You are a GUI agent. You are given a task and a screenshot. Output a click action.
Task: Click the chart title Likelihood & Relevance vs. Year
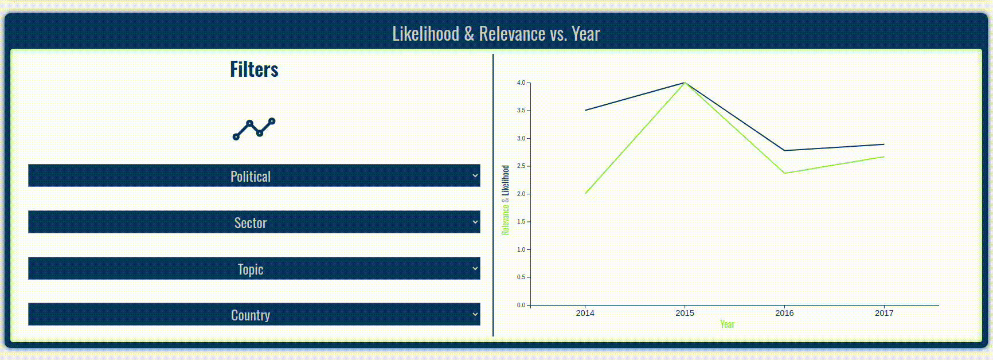pyautogui.click(x=496, y=34)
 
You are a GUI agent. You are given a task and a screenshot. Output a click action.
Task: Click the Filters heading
pyautogui.click(x=254, y=69)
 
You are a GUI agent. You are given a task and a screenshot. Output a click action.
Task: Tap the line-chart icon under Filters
pyautogui.click(x=254, y=129)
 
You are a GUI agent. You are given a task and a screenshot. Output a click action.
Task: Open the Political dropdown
pyautogui.click(x=254, y=176)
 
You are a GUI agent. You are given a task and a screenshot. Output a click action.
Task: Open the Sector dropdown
pyautogui.click(x=254, y=222)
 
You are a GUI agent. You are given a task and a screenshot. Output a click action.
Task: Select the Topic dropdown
pyautogui.click(x=254, y=269)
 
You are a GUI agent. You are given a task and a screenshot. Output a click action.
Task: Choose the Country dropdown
pyautogui.click(x=254, y=315)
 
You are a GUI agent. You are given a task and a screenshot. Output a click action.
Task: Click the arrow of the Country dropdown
pyautogui.click(x=475, y=314)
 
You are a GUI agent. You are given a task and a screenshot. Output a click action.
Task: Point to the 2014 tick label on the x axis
pyautogui.click(x=585, y=313)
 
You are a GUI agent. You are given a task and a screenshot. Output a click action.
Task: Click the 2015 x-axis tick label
pyautogui.click(x=685, y=313)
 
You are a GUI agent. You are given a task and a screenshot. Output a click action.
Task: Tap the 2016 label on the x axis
pyautogui.click(x=784, y=313)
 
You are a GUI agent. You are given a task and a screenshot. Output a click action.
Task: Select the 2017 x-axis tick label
pyautogui.click(x=883, y=313)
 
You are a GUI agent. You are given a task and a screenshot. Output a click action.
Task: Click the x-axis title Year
pyautogui.click(x=727, y=324)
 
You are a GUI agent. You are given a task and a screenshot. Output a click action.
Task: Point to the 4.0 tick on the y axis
pyautogui.click(x=521, y=83)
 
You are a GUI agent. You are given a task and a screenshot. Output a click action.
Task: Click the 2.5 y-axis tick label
pyautogui.click(x=521, y=166)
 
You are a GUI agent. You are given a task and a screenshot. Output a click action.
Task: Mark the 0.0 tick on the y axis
pyautogui.click(x=521, y=305)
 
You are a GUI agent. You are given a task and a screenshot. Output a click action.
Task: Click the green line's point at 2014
pyautogui.click(x=585, y=194)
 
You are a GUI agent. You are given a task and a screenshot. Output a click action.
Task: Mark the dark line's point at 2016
pyautogui.click(x=784, y=151)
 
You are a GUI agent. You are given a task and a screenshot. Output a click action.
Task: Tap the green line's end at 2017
pyautogui.click(x=883, y=156)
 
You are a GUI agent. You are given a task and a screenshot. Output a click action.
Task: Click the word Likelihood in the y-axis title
pyautogui.click(x=505, y=181)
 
